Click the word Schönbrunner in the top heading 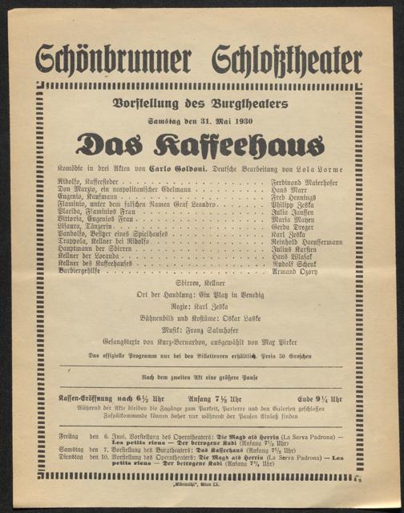(x=113, y=59)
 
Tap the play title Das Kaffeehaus (x=201, y=144)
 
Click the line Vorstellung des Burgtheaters (x=202, y=103)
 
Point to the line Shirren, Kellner (x=200, y=284)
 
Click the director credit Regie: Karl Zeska (x=200, y=306)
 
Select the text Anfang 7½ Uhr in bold (x=213, y=398)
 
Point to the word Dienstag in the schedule (x=73, y=457)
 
